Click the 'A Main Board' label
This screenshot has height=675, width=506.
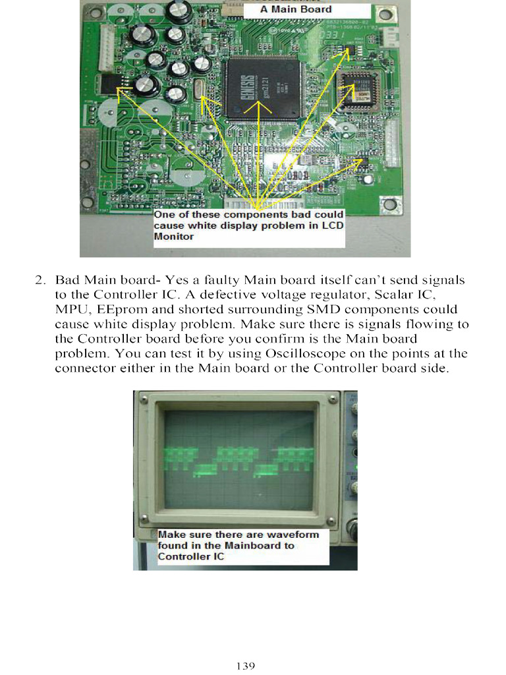pyautogui.click(x=296, y=9)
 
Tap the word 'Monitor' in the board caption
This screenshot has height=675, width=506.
pyautogui.click(x=174, y=237)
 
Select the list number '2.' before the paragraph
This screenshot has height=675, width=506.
pyautogui.click(x=40, y=280)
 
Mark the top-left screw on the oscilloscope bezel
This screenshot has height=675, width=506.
pyautogui.click(x=146, y=399)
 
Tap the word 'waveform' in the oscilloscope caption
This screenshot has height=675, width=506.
pyautogui.click(x=293, y=535)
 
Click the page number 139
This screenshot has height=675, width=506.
pyautogui.click(x=245, y=666)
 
